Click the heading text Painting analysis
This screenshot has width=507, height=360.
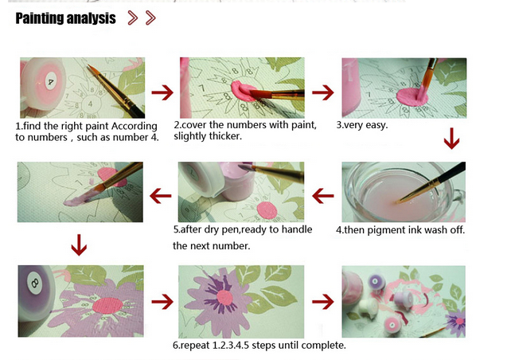coord(65,18)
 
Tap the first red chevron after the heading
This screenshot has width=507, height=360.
coord(133,18)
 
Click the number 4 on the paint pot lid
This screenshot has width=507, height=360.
coord(50,81)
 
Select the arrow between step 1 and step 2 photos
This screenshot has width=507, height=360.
coord(162,92)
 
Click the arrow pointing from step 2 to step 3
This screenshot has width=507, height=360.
coord(323,92)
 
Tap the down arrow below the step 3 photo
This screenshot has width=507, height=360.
coord(452,139)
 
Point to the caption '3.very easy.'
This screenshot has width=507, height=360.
coord(362,125)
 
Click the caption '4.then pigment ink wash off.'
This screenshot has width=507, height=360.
coord(400,230)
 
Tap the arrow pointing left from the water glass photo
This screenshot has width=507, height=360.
coord(323,196)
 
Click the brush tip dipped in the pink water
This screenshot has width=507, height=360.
coord(397,202)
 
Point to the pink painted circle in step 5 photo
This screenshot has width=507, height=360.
coord(267,210)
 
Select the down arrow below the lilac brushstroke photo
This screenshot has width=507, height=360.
coord(79,245)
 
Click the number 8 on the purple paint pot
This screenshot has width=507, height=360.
coord(34,284)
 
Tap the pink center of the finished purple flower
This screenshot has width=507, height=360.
coord(224,298)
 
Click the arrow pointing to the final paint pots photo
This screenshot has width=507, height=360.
coord(323,302)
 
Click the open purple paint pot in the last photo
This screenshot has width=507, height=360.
coord(376,280)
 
